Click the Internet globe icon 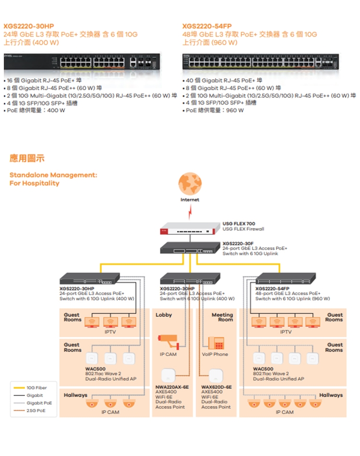click(x=190, y=184)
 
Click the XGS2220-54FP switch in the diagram click(x=286, y=278)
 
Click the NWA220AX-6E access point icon click(x=169, y=375)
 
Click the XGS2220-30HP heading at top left click(x=29, y=26)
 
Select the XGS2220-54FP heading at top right click(x=207, y=26)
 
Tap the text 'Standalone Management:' click(x=53, y=175)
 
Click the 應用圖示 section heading click(x=27, y=158)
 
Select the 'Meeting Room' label click(x=222, y=317)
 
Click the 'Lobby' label click(x=164, y=315)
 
